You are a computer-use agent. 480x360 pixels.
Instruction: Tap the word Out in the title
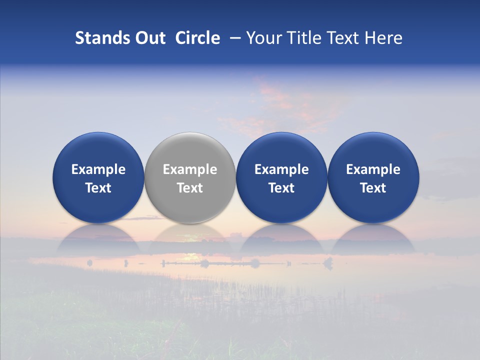[x=149, y=38]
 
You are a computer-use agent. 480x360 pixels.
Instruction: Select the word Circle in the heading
[x=197, y=38]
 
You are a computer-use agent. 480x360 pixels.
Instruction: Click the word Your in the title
[x=264, y=38]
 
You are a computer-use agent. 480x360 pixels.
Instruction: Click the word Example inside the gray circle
[x=190, y=169]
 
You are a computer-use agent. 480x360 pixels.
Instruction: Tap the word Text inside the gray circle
[x=190, y=188]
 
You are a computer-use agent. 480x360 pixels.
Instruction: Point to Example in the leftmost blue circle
[x=98, y=169]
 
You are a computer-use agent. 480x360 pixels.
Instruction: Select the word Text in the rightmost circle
[x=373, y=188]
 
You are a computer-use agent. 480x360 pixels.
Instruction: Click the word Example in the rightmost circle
[x=373, y=169]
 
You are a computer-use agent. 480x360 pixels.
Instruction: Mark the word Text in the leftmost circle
[x=98, y=188]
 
